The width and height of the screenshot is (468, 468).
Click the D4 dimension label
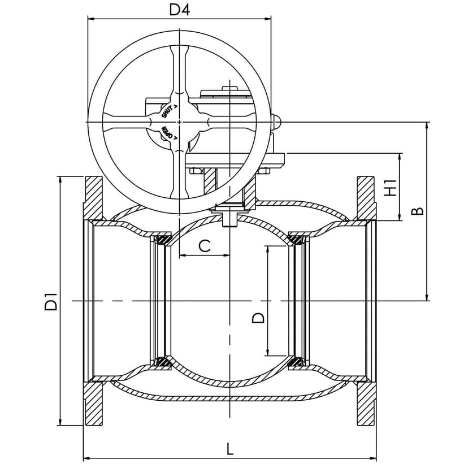(x=179, y=10)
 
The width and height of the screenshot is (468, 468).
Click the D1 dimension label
(x=51, y=301)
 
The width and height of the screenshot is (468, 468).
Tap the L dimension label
(x=229, y=449)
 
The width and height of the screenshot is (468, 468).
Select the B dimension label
(x=417, y=211)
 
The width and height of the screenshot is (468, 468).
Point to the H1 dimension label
(x=389, y=187)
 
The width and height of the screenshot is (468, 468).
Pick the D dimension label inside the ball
(x=258, y=318)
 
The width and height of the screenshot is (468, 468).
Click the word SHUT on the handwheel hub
(x=169, y=110)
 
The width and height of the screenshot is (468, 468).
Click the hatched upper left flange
(x=94, y=198)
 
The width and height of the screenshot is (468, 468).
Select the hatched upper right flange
(x=366, y=198)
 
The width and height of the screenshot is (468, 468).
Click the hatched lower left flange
(x=94, y=404)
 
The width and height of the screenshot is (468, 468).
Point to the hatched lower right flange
(x=366, y=404)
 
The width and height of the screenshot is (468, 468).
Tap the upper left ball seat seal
(x=164, y=240)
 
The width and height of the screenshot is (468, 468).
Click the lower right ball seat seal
(x=295, y=362)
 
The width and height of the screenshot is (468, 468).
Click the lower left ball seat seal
(x=164, y=362)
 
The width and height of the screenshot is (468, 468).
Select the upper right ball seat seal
(x=295, y=240)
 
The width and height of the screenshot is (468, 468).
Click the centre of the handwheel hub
(x=179, y=122)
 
